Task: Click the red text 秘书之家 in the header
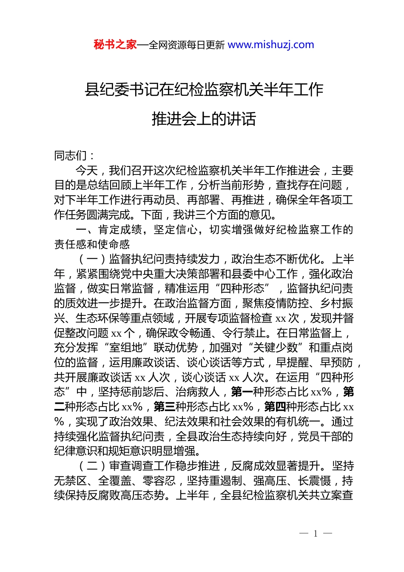pos(115,45)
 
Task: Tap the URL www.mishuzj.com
pos(271,45)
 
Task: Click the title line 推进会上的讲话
pos(204,119)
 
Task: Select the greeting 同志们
pos(71,156)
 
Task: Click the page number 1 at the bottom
pos(316,534)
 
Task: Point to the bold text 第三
pos(165,407)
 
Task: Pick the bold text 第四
pos(275,407)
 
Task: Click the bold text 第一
pos(242,392)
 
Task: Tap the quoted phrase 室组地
pos(126,348)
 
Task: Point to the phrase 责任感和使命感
pos(92,244)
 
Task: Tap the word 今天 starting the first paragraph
pos(87,171)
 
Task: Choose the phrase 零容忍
pos(159,481)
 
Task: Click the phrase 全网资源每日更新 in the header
pos(187,45)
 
